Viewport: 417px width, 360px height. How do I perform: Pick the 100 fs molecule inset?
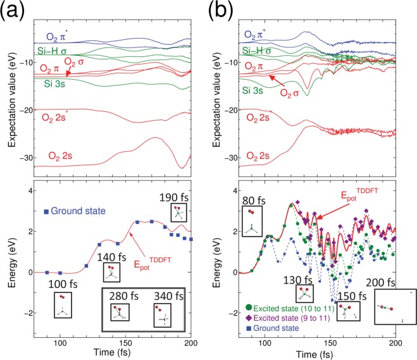tap(63, 304)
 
